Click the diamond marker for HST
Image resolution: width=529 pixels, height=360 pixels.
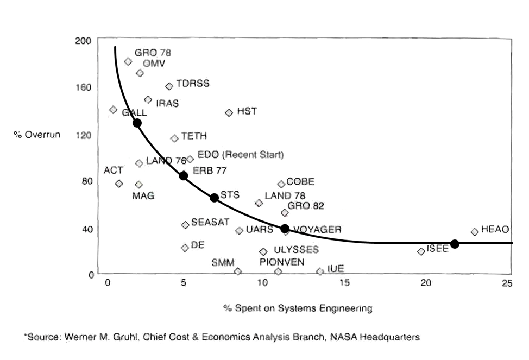tap(229, 112)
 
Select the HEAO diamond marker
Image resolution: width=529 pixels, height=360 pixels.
tap(475, 232)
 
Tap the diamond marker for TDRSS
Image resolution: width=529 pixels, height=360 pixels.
tap(169, 86)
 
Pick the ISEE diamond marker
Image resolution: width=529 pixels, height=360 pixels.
tap(421, 251)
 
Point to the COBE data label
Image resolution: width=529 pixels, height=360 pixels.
tap(300, 182)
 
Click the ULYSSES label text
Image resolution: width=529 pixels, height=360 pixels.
tap(296, 250)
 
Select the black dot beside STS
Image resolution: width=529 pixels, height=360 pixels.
tap(215, 198)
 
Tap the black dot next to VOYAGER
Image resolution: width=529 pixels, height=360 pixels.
tap(285, 229)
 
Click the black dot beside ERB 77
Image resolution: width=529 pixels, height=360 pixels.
tap(184, 175)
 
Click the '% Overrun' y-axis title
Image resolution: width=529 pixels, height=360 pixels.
tap(37, 134)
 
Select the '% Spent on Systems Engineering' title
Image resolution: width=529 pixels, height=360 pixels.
tap(298, 308)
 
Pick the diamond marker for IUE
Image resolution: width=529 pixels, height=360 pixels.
tap(320, 271)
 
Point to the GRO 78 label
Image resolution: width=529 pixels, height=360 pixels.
tap(153, 53)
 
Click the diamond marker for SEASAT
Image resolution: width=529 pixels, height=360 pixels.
tap(185, 224)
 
